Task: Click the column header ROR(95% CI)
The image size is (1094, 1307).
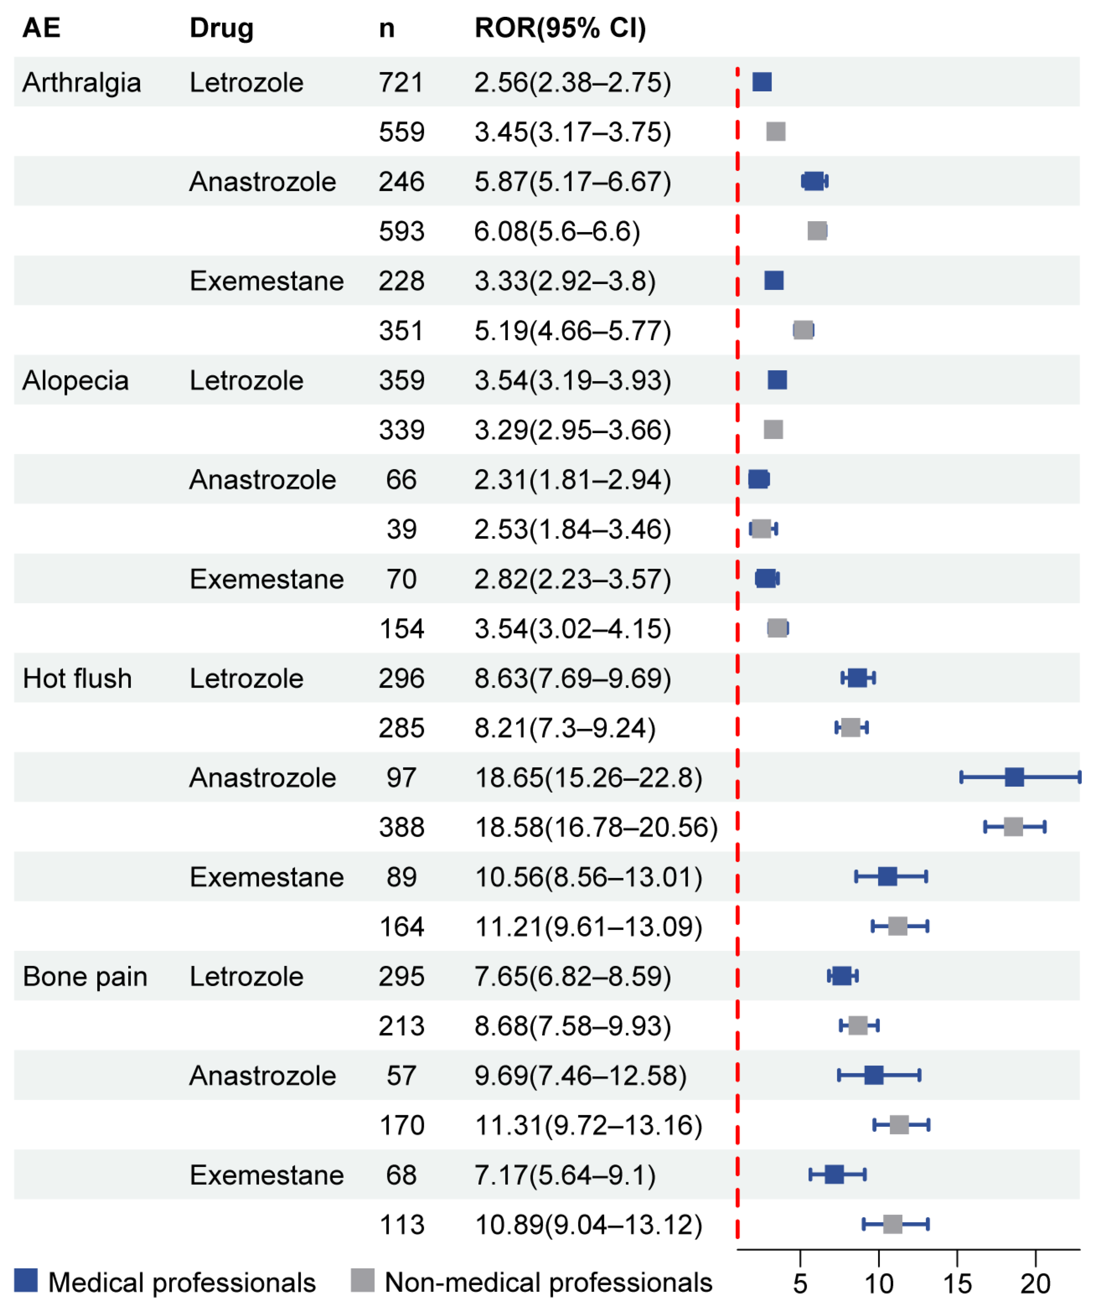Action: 560,28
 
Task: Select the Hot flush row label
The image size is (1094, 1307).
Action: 77,678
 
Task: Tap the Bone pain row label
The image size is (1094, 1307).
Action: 85,977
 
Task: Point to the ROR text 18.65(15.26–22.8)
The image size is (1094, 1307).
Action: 588,777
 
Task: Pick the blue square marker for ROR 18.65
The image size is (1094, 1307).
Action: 1014,777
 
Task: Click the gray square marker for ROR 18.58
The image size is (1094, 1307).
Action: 1013,827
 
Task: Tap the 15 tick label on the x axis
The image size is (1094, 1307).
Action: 957,1284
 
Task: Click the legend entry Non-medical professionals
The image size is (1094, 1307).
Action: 547,1282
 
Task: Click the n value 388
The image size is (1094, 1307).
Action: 401,827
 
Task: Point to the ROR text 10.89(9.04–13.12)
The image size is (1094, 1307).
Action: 588,1225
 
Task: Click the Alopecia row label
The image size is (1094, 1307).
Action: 75,380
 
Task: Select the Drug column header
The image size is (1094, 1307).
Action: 222,28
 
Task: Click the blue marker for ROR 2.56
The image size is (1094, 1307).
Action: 762,82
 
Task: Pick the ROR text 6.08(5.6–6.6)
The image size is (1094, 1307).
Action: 557,232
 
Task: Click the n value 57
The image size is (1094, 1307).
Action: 401,1075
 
